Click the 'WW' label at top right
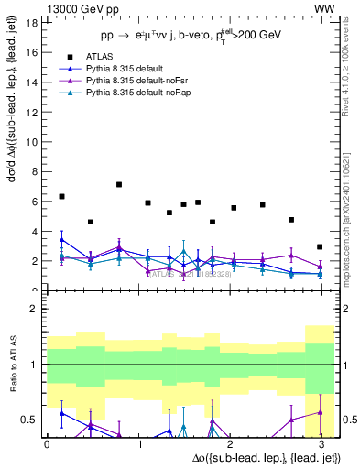tap(324, 7)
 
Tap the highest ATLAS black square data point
tap(119, 184)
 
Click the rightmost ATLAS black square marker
tap(320, 246)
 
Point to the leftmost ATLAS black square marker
tap(61, 196)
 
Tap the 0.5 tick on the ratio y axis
tap(29, 420)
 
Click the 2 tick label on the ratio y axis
tap(33, 309)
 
